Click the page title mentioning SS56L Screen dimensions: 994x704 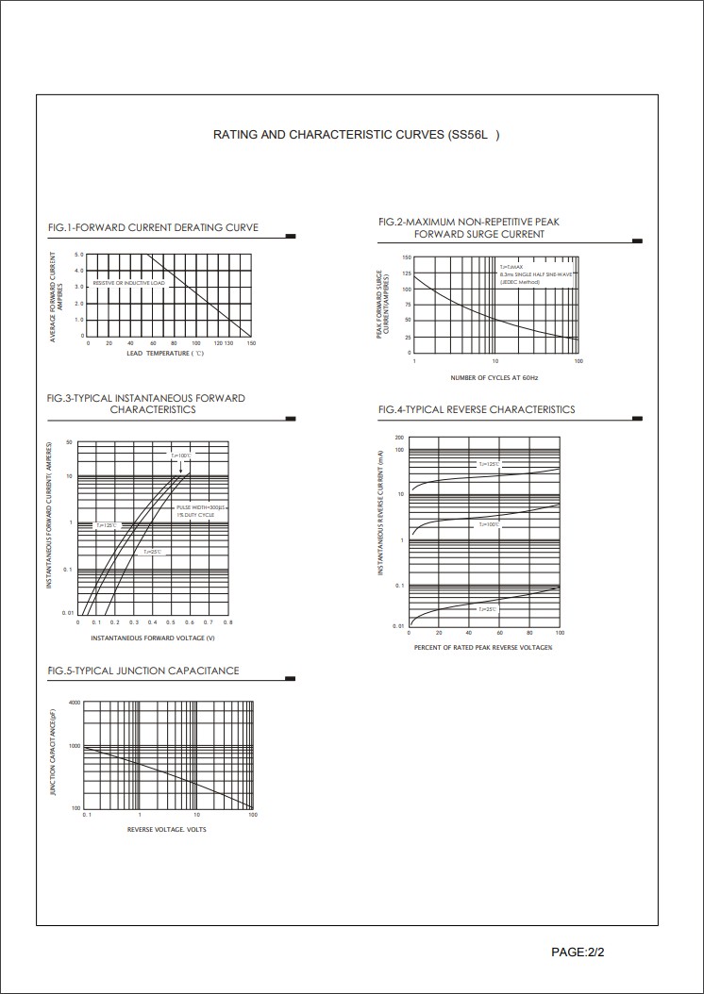(x=356, y=135)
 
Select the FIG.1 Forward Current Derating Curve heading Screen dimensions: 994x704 (x=153, y=227)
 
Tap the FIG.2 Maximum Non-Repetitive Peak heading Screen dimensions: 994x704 (x=469, y=222)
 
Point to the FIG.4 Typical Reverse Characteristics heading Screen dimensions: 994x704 (x=477, y=409)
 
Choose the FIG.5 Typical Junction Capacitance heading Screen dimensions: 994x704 (x=143, y=671)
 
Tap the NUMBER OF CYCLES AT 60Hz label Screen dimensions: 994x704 (x=494, y=377)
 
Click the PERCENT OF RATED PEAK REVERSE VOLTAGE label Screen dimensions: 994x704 (x=483, y=648)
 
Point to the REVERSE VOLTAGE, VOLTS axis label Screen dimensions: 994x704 (x=167, y=830)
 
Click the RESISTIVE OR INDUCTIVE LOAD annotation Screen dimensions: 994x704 (x=129, y=283)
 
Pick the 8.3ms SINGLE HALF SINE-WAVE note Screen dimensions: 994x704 (x=537, y=274)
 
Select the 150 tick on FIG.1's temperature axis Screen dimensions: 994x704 (x=251, y=343)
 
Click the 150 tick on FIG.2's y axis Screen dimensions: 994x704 (x=407, y=257)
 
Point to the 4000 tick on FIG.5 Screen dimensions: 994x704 (x=75, y=704)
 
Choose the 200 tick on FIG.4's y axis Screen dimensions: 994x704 (x=400, y=439)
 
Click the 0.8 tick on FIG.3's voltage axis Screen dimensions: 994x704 (x=229, y=623)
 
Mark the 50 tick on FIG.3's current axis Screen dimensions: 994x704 (x=69, y=442)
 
